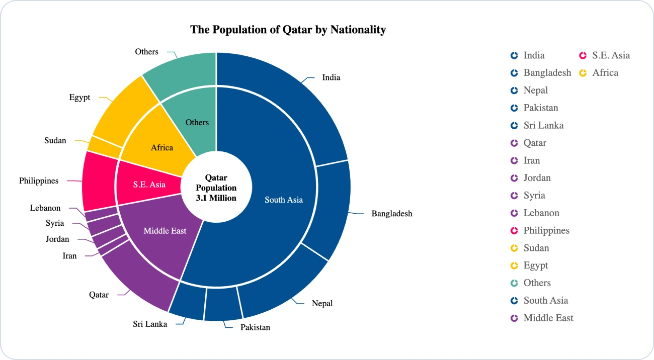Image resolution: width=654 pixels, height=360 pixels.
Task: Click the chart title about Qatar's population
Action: (x=288, y=30)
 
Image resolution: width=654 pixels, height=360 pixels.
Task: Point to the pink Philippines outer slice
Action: (x=99, y=181)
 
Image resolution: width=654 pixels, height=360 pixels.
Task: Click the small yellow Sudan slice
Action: (x=105, y=147)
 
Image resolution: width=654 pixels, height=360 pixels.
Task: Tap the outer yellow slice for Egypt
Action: (x=123, y=111)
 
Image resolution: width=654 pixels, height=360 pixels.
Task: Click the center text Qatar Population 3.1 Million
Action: (x=216, y=188)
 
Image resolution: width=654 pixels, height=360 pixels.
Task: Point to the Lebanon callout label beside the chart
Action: (x=45, y=208)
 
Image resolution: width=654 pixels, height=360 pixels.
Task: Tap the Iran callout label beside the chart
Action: (x=69, y=256)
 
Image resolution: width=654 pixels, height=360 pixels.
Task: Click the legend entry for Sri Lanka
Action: (x=537, y=125)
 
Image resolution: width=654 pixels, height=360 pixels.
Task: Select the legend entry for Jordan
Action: (x=531, y=178)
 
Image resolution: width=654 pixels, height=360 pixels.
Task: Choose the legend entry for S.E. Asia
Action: (x=604, y=55)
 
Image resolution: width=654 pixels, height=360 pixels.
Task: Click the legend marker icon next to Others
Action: (x=514, y=283)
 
